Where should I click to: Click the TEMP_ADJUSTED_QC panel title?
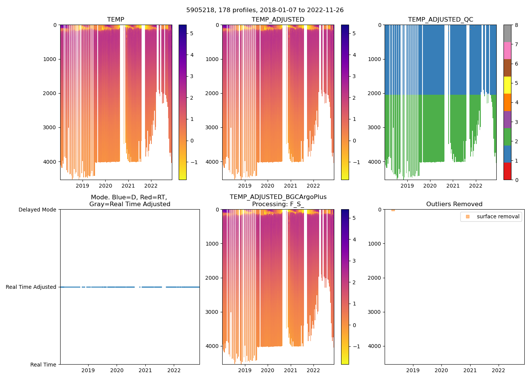click(440, 19)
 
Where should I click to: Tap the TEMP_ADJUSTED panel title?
click(278, 19)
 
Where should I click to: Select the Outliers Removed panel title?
click(454, 204)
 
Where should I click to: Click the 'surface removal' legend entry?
click(498, 216)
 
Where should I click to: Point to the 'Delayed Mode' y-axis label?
click(37, 210)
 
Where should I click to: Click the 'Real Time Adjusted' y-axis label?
click(31, 287)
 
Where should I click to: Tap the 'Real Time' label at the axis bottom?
click(43, 365)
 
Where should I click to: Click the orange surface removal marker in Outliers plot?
click(393, 210)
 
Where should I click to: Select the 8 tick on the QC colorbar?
click(516, 25)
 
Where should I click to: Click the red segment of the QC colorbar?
click(507, 171)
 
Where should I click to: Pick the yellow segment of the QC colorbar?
click(507, 85)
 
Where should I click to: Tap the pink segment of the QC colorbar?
click(507, 50)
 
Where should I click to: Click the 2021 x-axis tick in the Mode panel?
click(145, 370)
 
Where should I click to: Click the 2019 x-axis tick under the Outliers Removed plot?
click(413, 370)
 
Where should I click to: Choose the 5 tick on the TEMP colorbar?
click(192, 33)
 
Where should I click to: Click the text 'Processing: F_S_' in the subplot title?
click(278, 204)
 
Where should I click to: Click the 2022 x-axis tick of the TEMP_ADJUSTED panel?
click(313, 186)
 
